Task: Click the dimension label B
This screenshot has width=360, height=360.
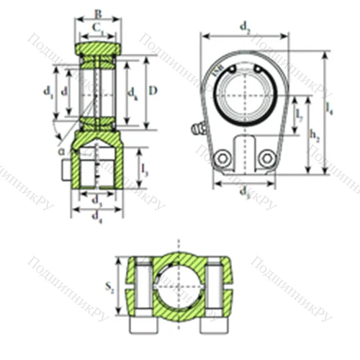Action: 98,12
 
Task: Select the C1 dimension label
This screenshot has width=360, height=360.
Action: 99,30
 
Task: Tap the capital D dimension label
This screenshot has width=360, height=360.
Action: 153,91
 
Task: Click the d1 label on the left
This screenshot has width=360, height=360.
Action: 48,91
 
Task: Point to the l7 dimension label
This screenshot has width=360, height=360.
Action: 299,116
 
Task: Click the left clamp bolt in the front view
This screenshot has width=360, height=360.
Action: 224,157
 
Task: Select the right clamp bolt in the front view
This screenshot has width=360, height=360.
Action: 266,157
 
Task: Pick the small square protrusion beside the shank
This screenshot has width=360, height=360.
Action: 65,170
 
